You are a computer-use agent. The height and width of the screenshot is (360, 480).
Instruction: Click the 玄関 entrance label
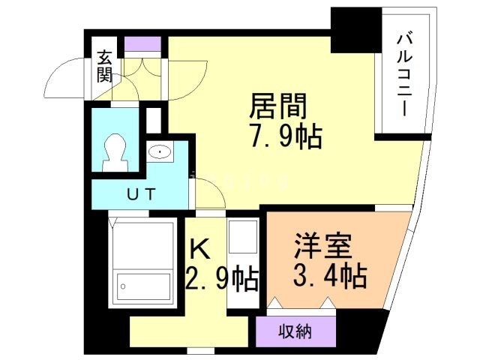(x=104, y=67)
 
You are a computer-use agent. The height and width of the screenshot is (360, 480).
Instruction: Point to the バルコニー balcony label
(x=405, y=71)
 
